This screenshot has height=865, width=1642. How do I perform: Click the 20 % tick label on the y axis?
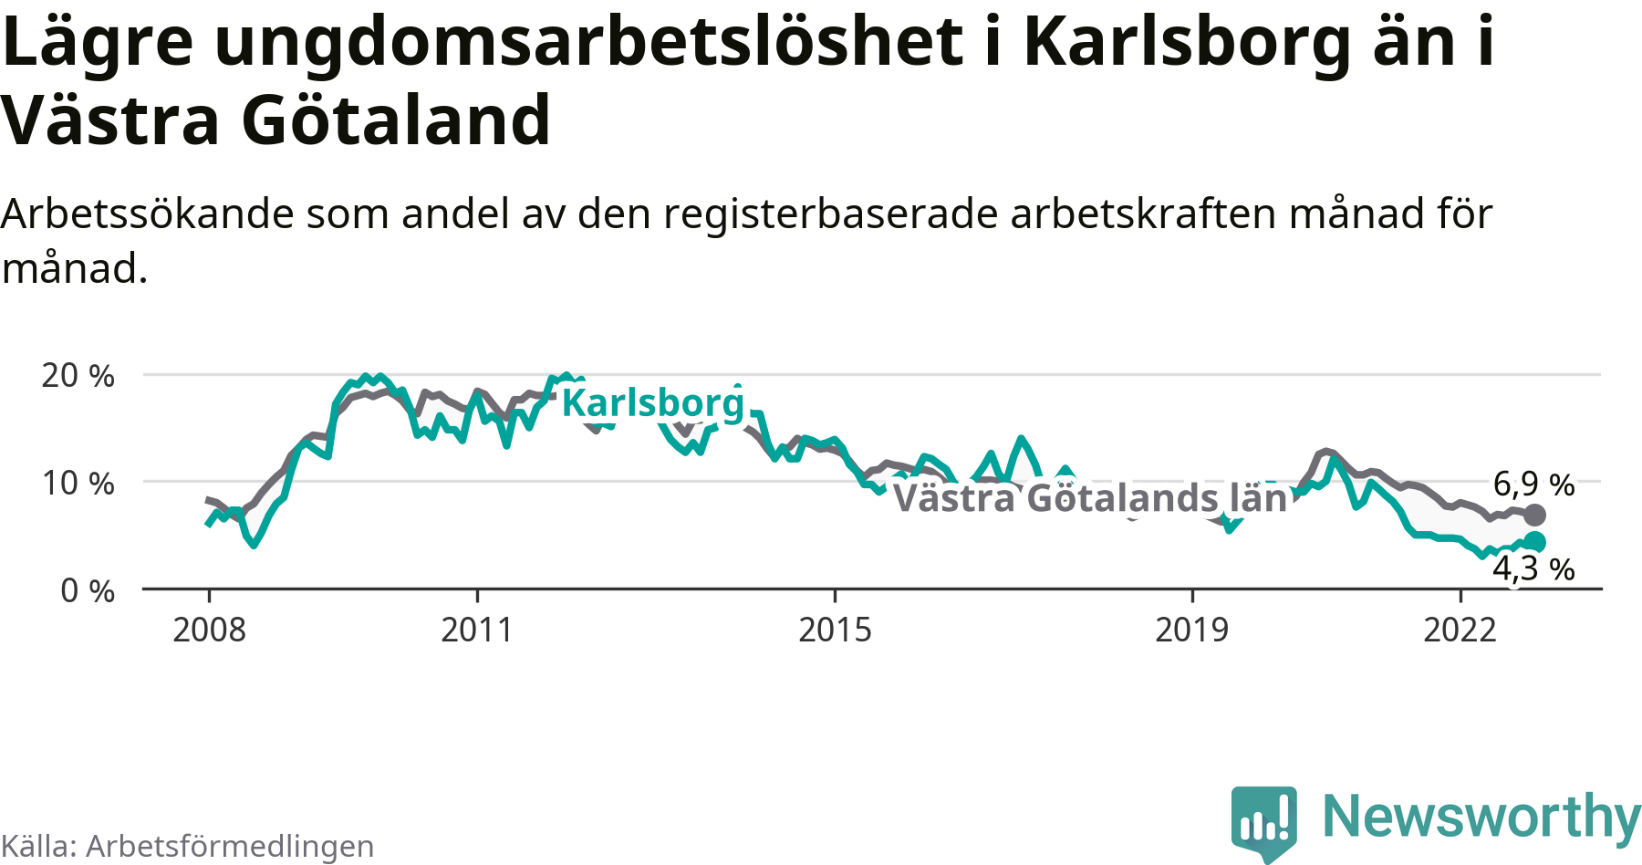click(x=78, y=376)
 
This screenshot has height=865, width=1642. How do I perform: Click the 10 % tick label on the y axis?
click(x=78, y=483)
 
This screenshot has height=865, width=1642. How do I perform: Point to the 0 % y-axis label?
click(x=88, y=591)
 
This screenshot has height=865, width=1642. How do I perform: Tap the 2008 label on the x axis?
click(x=209, y=631)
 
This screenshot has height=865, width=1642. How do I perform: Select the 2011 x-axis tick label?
click(x=477, y=631)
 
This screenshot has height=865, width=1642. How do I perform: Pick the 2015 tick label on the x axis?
click(x=835, y=631)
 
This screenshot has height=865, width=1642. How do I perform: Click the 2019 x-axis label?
click(x=1191, y=631)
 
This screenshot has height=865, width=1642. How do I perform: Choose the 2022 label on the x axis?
click(x=1460, y=631)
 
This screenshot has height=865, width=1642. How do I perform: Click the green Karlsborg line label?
click(x=653, y=402)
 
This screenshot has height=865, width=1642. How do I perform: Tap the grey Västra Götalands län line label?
click(x=1090, y=498)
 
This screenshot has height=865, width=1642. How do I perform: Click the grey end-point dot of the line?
click(x=1535, y=515)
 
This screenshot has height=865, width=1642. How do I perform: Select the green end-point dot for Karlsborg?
click(x=1535, y=542)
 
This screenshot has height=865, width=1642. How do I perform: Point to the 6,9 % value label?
click(x=1533, y=485)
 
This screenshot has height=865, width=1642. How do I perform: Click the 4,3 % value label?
click(x=1533, y=569)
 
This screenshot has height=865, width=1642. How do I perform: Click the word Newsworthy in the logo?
click(x=1481, y=817)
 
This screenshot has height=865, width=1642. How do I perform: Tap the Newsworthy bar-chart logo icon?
click(x=1263, y=821)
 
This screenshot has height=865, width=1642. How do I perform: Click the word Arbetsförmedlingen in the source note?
click(x=230, y=847)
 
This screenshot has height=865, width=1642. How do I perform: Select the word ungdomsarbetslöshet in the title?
click(x=589, y=42)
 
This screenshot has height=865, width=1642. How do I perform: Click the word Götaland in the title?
click(x=396, y=120)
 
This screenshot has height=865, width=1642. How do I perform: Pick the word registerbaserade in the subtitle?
click(x=831, y=214)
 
